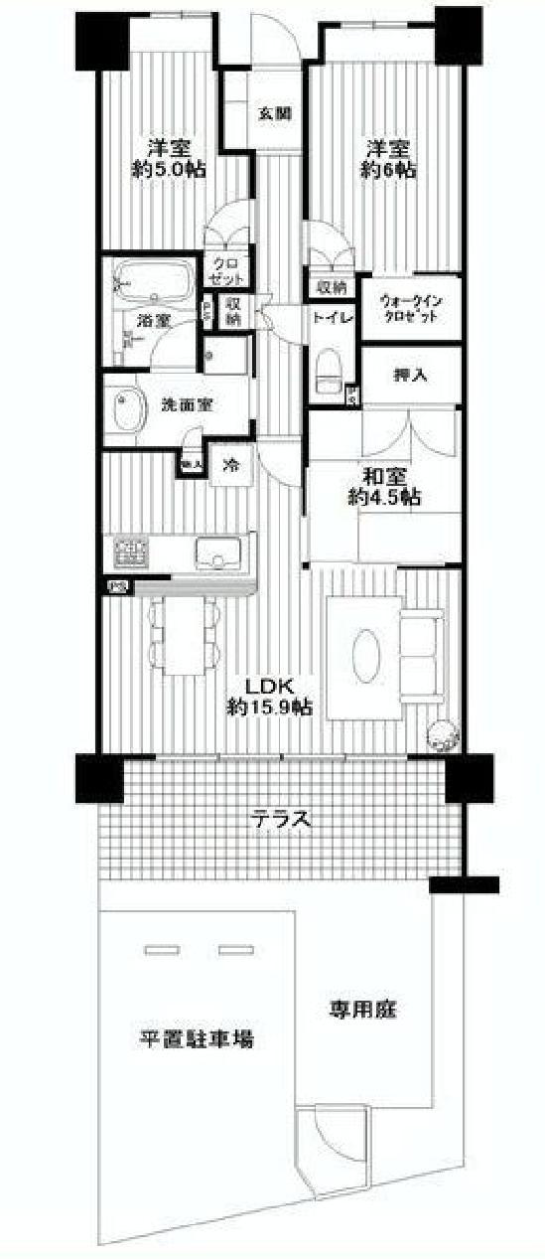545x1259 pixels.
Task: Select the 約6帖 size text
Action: click(388, 170)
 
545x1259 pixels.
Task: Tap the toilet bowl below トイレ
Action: click(327, 374)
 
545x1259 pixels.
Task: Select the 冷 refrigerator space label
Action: click(230, 463)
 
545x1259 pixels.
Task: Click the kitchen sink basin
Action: click(215, 550)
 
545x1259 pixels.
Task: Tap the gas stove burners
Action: click(130, 550)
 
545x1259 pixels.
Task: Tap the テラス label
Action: click(282, 821)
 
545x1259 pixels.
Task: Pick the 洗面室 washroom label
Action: click(187, 405)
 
